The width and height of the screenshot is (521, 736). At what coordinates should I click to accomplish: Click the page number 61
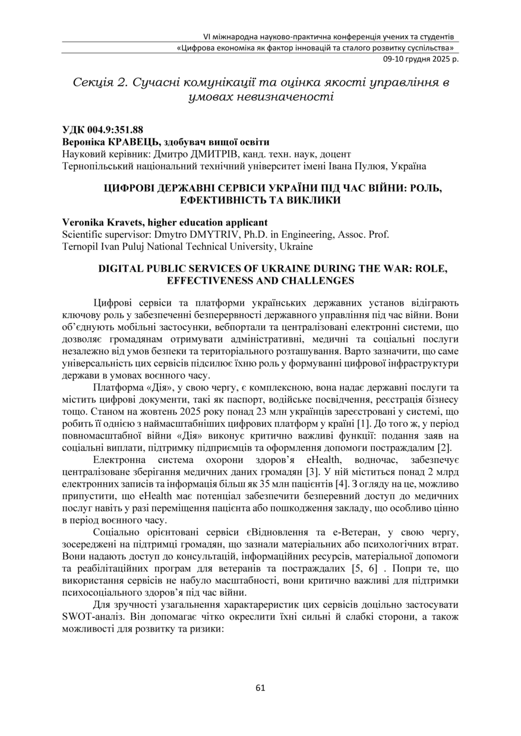pos(260,688)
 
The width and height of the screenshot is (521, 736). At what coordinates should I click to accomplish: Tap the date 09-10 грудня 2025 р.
pos(418,59)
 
